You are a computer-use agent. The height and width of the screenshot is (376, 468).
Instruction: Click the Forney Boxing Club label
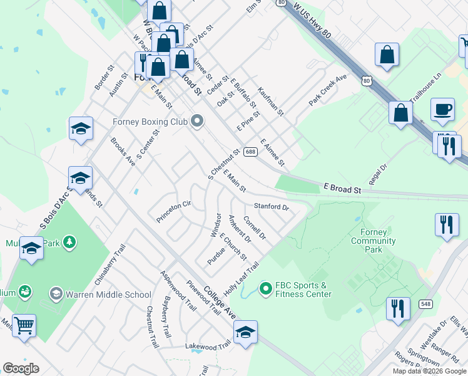(x=150, y=122)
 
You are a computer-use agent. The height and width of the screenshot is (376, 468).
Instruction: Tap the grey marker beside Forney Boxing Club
(x=198, y=120)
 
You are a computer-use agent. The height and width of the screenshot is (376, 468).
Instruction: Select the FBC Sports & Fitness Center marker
(x=266, y=289)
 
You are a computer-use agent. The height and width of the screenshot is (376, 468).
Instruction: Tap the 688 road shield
(x=250, y=152)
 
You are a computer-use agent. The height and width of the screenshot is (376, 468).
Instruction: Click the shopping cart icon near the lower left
(x=24, y=326)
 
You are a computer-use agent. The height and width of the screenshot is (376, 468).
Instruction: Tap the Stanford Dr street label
(x=271, y=206)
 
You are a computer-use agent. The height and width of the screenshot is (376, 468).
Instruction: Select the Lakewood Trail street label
(x=208, y=346)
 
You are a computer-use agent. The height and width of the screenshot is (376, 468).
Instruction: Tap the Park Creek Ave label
(x=327, y=90)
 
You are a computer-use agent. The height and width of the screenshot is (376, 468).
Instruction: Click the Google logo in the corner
(x=21, y=368)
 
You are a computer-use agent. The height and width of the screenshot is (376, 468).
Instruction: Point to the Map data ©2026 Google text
(x=429, y=371)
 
